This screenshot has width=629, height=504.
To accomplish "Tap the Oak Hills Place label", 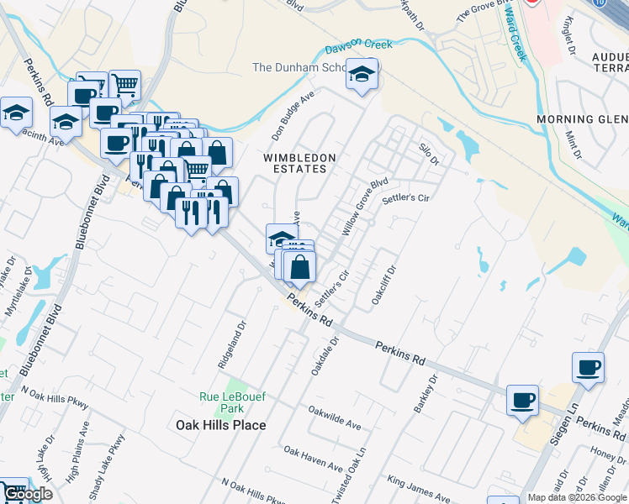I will coord(220,425).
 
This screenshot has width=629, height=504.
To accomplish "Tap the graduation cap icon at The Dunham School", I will coord(362,76).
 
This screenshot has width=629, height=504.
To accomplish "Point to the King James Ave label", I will coord(416,489).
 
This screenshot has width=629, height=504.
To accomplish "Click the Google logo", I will coord(27,494).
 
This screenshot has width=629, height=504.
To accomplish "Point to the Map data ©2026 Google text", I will coord(577,497).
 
